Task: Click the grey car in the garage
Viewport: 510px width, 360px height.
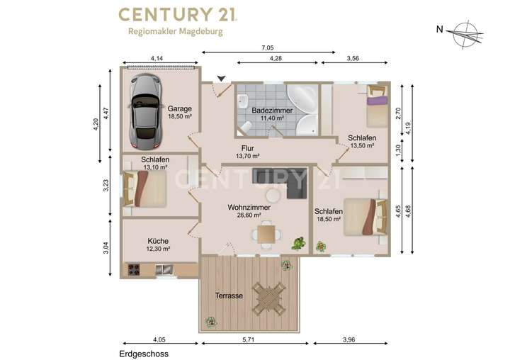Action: pyautogui.click(x=145, y=112)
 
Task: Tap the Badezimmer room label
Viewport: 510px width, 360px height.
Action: pyautogui.click(x=272, y=111)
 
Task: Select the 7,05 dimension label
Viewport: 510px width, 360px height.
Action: pyautogui.click(x=267, y=48)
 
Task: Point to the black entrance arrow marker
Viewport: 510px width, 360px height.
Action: pyautogui.click(x=222, y=79)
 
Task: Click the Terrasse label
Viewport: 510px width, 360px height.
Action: pyautogui.click(x=229, y=296)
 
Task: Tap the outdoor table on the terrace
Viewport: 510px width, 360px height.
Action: pyautogui.click(x=268, y=298)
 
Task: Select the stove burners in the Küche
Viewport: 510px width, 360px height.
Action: pyautogui.click(x=134, y=270)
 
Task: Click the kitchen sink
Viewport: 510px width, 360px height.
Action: pyautogui.click(x=164, y=269)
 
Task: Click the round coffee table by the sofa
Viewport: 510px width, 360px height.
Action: pyautogui.click(x=273, y=196)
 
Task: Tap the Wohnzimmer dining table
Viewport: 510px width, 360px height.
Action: pyautogui.click(x=266, y=234)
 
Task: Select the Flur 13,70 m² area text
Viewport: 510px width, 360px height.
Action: pyautogui.click(x=247, y=156)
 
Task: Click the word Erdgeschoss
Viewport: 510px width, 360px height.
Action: pyautogui.click(x=144, y=354)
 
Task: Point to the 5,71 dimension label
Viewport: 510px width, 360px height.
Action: pyautogui.click(x=248, y=339)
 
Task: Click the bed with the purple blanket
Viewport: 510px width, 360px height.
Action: pyautogui.click(x=378, y=106)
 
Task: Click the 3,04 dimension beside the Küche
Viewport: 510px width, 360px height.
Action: pyautogui.click(x=106, y=248)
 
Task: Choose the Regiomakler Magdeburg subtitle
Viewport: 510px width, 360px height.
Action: pyautogui.click(x=176, y=32)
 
